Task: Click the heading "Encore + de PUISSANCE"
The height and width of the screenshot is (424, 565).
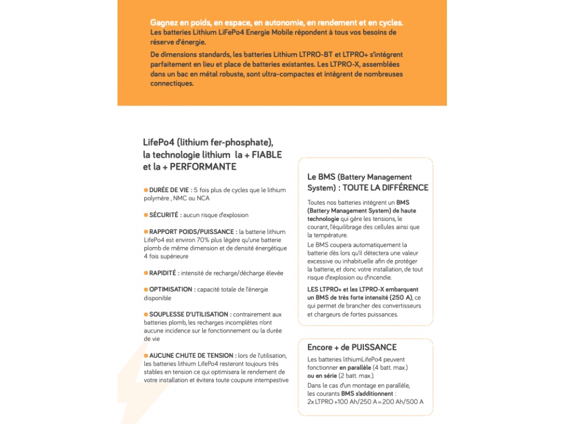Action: (x=352, y=347)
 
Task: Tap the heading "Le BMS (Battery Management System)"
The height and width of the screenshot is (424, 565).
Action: (x=359, y=182)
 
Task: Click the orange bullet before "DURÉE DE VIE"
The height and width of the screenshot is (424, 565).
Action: (x=146, y=190)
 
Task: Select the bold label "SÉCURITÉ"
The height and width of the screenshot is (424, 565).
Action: (x=165, y=215)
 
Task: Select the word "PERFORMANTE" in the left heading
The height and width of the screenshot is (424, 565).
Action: (x=203, y=167)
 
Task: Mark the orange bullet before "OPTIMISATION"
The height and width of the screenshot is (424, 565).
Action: (x=146, y=289)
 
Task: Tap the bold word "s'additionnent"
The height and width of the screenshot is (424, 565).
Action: (x=373, y=393)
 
